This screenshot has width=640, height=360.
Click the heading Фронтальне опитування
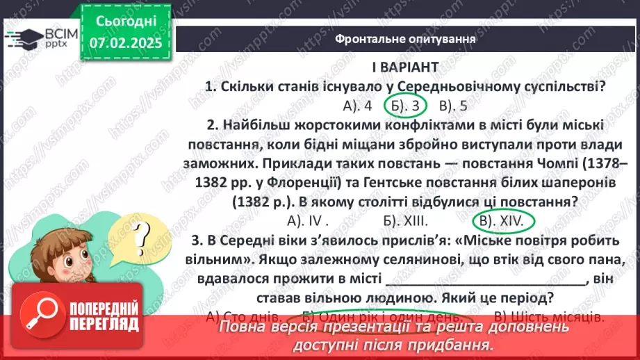[x=405, y=39]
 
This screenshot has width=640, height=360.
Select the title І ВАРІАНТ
[x=404, y=67]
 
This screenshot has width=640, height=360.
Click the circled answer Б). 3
[x=404, y=106]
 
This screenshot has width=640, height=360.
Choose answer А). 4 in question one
[x=358, y=106]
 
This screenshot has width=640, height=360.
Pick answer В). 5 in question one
[x=453, y=106]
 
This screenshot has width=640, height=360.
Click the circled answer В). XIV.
[x=504, y=221]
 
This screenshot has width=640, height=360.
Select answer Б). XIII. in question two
[x=404, y=221]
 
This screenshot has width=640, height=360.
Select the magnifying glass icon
[x=40, y=317]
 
